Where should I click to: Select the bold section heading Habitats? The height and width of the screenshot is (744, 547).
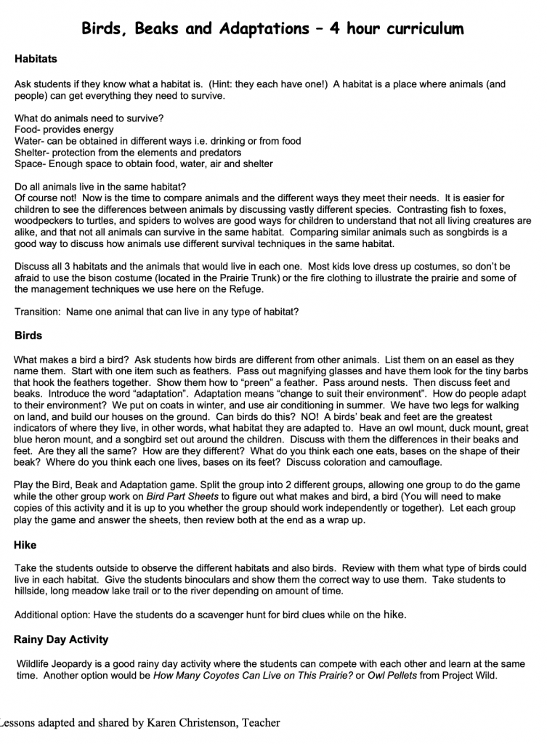click(36, 59)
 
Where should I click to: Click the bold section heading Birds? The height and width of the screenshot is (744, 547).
click(28, 336)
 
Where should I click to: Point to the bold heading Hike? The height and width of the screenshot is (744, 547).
click(25, 544)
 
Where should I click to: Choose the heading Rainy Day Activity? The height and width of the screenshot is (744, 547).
click(61, 639)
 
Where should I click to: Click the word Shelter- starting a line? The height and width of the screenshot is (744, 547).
click(32, 153)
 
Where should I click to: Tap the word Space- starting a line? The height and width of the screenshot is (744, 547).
click(30, 163)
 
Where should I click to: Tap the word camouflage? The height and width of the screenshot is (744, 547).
click(411, 462)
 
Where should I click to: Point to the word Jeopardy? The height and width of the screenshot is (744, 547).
click(75, 663)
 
